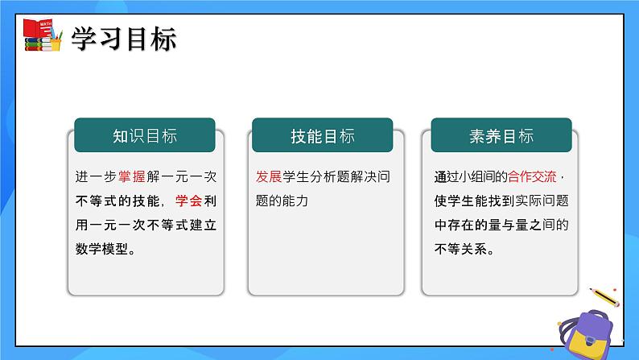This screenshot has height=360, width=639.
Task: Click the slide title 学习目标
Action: click(x=124, y=39)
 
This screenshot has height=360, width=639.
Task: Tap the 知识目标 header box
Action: click(x=145, y=136)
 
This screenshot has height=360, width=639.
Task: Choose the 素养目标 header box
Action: click(x=501, y=136)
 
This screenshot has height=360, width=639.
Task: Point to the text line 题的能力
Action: click(x=282, y=201)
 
